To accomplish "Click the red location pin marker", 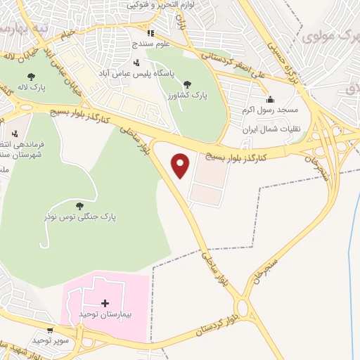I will pos(181,166).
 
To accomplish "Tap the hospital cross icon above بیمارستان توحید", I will pos(105,304).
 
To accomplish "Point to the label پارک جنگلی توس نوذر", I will pos(84,217).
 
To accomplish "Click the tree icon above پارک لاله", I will pos(30,77).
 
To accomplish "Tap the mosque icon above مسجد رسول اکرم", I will pos(271,99).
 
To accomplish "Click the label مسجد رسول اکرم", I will pos(271,110).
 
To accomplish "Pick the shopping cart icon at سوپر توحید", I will pos(50,330).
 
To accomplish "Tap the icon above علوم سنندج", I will pos(150,33).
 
